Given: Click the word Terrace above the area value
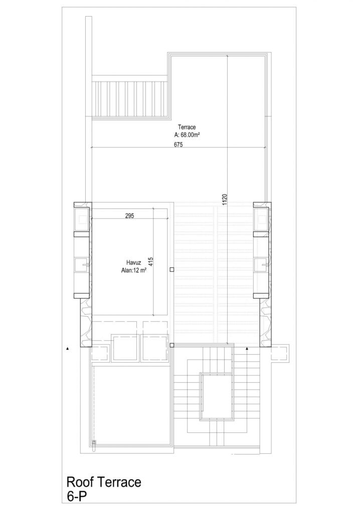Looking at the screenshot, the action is pyautogui.click(x=187, y=127).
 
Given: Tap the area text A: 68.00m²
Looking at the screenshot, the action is pyautogui.click(x=187, y=134).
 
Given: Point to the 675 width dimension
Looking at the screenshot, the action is pyautogui.click(x=178, y=144).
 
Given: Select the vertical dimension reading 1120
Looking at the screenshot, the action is pyautogui.click(x=224, y=199).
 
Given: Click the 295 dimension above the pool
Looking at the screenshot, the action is pyautogui.click(x=130, y=215).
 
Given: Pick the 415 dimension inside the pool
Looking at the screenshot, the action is pyautogui.click(x=151, y=262).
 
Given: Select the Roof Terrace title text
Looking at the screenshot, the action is pyautogui.click(x=104, y=482).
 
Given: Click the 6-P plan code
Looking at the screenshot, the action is pyautogui.click(x=77, y=496).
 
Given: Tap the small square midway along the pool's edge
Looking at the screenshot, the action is pyautogui.click(x=171, y=270).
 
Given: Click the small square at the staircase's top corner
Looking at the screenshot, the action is pyautogui.click(x=171, y=345).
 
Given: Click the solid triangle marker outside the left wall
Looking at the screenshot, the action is pyautogui.click(x=68, y=349).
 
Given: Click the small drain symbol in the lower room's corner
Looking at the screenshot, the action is pyautogui.click(x=95, y=445).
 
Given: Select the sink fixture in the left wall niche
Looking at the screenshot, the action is pyautogui.click(x=82, y=264).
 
